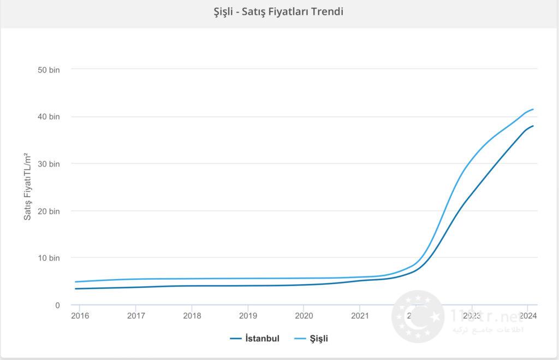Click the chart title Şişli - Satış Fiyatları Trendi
pyautogui.click(x=278, y=11)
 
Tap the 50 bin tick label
pyautogui.click(x=49, y=70)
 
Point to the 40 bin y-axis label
pyautogui.click(x=49, y=117)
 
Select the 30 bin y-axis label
pyautogui.click(x=49, y=164)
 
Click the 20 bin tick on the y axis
pyautogui.click(x=49, y=211)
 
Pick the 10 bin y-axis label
pyautogui.click(x=49, y=258)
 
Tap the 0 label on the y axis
pyautogui.click(x=57, y=305)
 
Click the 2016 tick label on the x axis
pyautogui.click(x=79, y=316)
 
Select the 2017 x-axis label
pyautogui.click(x=135, y=316)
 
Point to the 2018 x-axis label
pyautogui.click(x=192, y=316)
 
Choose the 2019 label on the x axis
pyautogui.click(x=248, y=316)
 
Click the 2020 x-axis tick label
pyautogui.click(x=304, y=316)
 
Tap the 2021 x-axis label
pyautogui.click(x=360, y=316)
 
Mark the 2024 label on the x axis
pyautogui.click(x=527, y=316)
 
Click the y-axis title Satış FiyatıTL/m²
pyautogui.click(x=28, y=186)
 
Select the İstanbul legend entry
pyautogui.click(x=255, y=339)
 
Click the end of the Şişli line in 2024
pyautogui.click(x=533, y=109)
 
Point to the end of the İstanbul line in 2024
pyautogui.click(x=533, y=126)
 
